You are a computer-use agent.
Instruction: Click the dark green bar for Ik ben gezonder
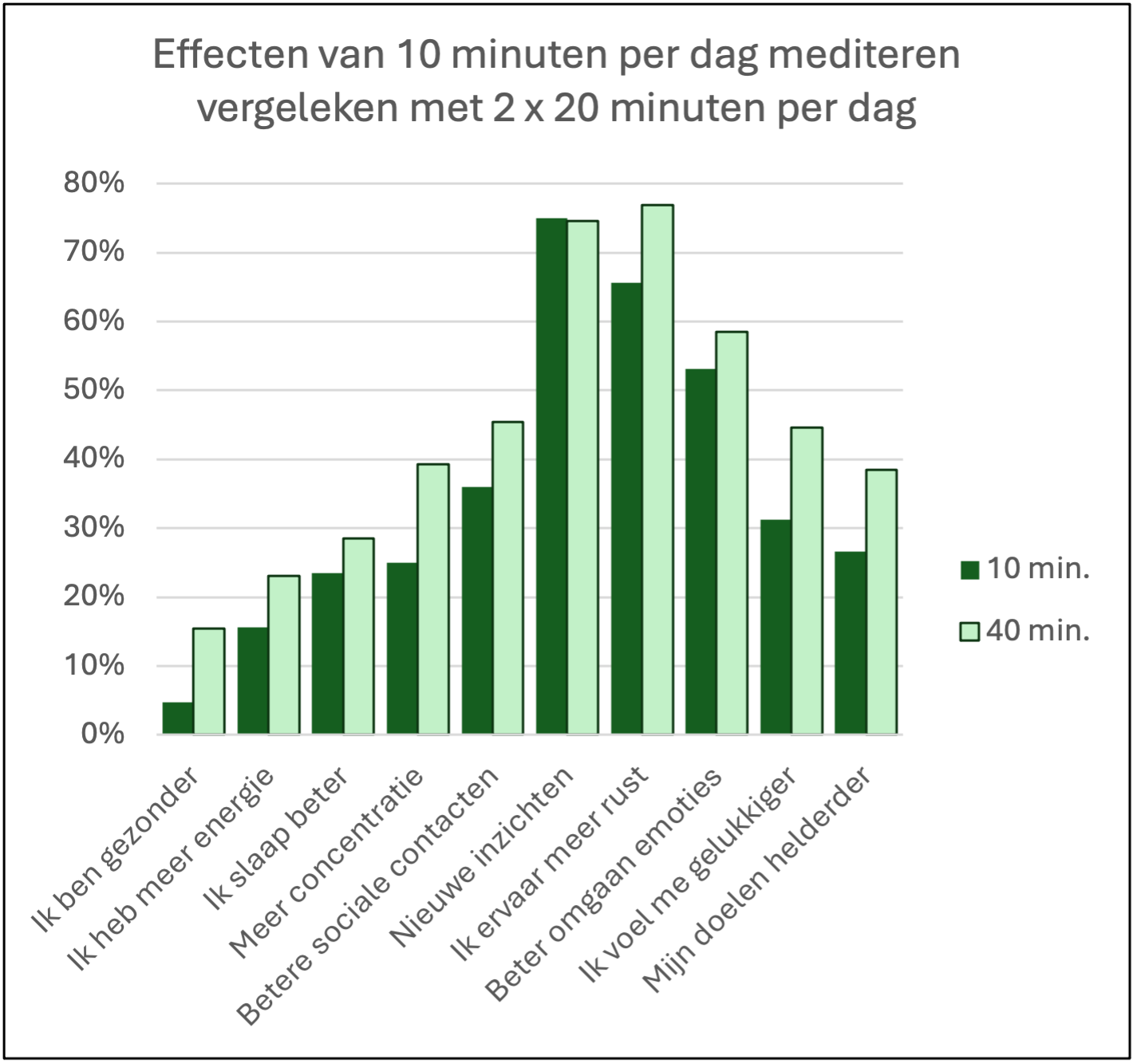click(178, 718)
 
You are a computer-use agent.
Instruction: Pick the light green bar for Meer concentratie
click(433, 598)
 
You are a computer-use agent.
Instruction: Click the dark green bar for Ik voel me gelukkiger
click(776, 627)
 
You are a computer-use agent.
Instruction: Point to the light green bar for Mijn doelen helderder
click(882, 601)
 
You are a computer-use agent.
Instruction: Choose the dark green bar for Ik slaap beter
click(327, 653)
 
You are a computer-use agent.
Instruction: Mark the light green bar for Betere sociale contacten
click(508, 577)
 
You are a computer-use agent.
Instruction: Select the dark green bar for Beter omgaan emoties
click(701, 551)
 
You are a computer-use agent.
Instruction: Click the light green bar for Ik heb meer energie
click(284, 655)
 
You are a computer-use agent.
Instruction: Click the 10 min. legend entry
click(1025, 569)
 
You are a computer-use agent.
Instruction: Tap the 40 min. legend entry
click(1025, 631)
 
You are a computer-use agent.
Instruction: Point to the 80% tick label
click(94, 183)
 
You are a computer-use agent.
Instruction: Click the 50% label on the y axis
click(94, 389)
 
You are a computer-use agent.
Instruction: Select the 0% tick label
click(102, 734)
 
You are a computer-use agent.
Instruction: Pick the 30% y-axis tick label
click(94, 527)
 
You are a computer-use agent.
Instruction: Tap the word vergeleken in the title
click(298, 108)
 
